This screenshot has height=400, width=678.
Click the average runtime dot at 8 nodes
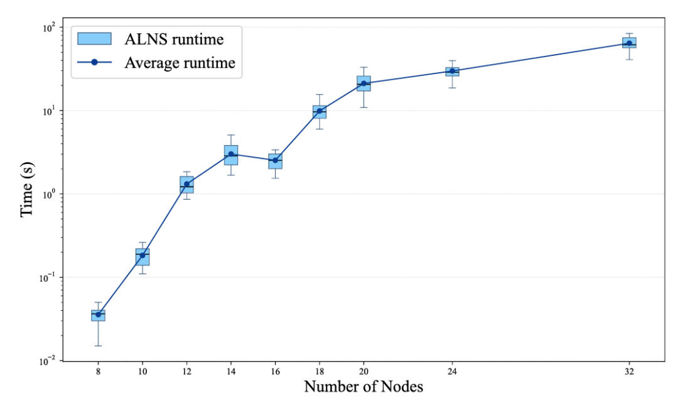tap(98, 315)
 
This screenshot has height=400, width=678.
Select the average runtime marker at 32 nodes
tap(629, 43)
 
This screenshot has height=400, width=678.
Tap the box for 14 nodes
tap(231, 155)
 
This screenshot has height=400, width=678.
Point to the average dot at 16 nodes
tap(275, 160)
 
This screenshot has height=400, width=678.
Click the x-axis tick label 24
tap(452, 372)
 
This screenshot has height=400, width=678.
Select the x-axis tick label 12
tap(187, 372)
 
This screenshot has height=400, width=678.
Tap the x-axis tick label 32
tap(629, 372)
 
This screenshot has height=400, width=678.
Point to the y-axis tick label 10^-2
tap(50, 360)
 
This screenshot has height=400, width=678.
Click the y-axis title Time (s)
tap(26, 190)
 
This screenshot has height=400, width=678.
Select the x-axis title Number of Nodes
tap(363, 386)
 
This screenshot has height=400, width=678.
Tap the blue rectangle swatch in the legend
tap(94, 38)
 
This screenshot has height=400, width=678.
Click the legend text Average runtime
tap(180, 63)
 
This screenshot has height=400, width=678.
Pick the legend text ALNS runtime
tap(175, 40)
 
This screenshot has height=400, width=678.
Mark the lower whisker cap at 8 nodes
tap(98, 346)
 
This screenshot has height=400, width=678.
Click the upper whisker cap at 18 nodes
tap(320, 94)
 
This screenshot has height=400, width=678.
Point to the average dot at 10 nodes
tap(143, 255)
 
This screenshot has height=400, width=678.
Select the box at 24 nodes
tap(452, 72)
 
